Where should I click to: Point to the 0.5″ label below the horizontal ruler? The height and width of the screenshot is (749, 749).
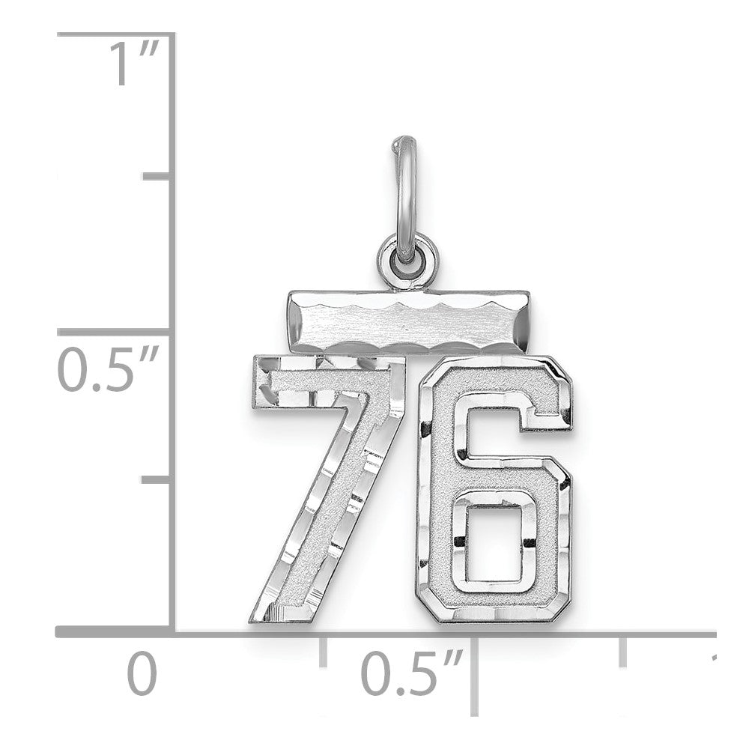click(412, 673)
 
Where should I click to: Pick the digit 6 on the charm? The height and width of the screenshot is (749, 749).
click(494, 490)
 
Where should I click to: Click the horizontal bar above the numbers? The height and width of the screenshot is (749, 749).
click(408, 321)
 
